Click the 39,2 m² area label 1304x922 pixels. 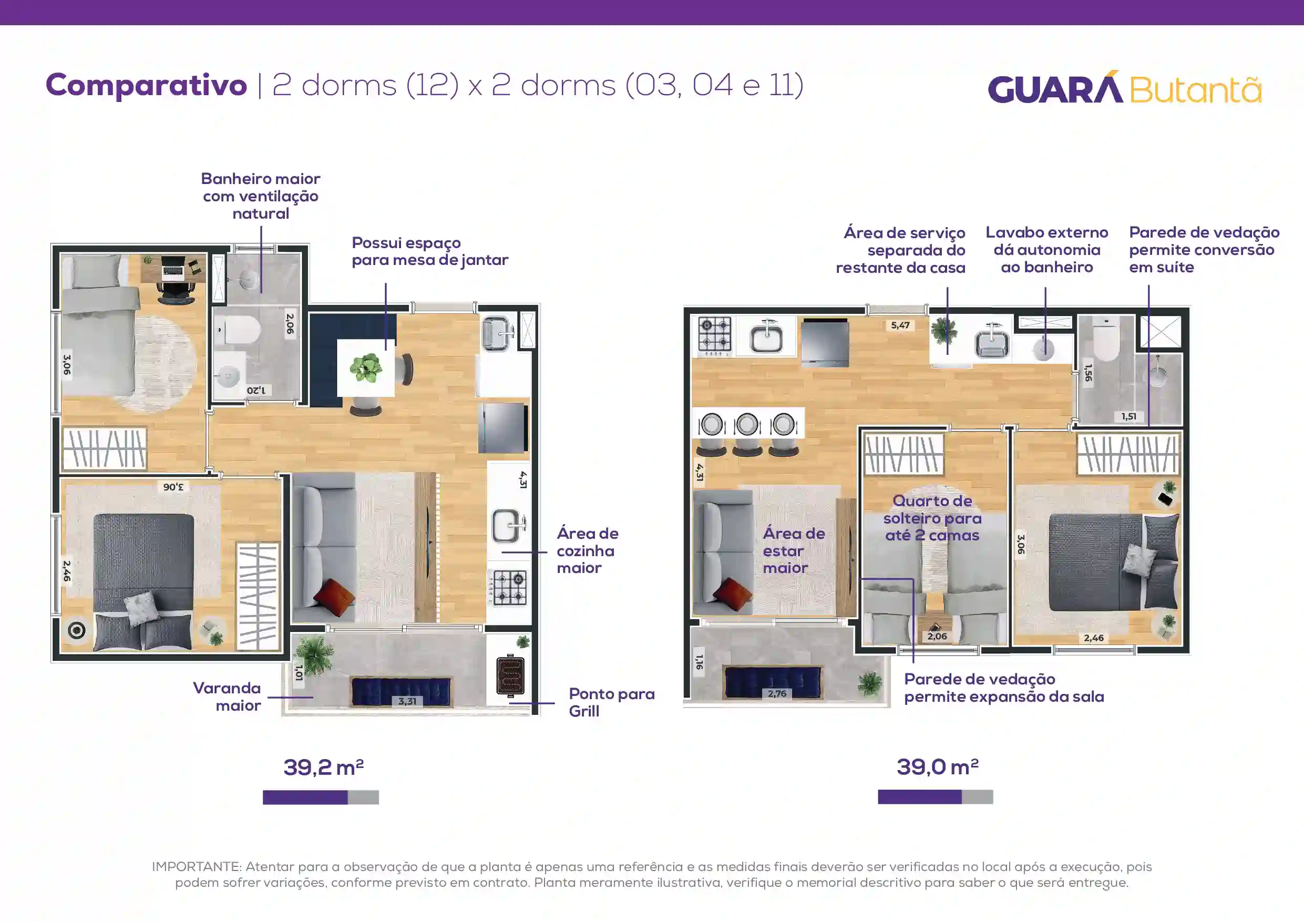tap(323, 767)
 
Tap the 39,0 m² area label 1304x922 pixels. tap(937, 767)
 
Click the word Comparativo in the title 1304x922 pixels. tap(146, 85)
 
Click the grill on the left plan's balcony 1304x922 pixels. tap(510, 675)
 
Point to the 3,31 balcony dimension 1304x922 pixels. tap(407, 701)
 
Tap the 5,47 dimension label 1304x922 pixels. tap(900, 325)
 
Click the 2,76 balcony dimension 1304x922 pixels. tap(777, 693)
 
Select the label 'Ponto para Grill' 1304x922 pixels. tap(612, 702)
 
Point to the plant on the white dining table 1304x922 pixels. tap(366, 367)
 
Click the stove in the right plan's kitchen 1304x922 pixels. tap(714, 336)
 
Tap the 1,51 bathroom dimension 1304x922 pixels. tap(1129, 416)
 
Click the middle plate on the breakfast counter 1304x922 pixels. tap(747, 424)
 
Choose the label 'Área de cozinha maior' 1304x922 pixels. tap(587, 550)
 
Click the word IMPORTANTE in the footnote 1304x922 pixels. tap(197, 866)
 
